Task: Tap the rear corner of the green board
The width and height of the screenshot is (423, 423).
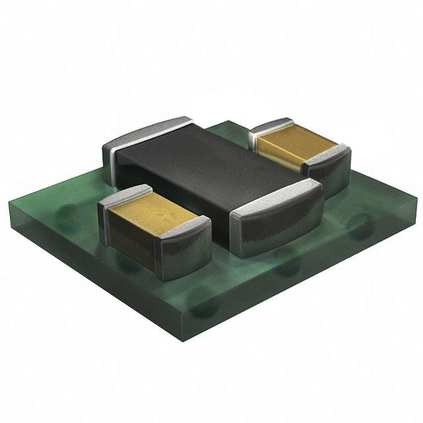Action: [x=228, y=122]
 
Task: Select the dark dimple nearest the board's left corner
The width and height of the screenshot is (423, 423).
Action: [x=66, y=215]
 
